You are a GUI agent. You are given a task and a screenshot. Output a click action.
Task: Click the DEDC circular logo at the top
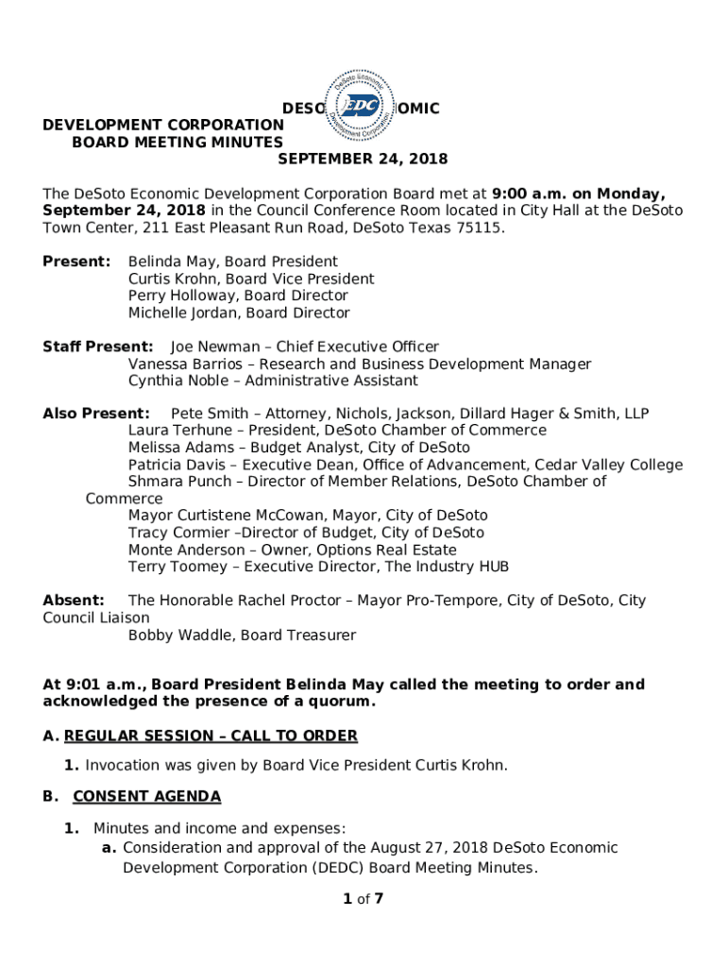click(x=363, y=108)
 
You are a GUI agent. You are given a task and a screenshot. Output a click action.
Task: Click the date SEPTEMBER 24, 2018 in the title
click(x=362, y=159)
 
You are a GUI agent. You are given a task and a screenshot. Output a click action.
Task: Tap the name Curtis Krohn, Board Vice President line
click(x=251, y=279)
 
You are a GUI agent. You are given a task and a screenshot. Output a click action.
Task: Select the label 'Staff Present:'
click(x=98, y=347)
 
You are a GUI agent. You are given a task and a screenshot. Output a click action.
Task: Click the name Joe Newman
click(x=215, y=347)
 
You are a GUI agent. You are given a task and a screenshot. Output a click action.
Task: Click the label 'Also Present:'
click(x=96, y=414)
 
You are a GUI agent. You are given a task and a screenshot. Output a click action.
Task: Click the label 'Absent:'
click(x=74, y=601)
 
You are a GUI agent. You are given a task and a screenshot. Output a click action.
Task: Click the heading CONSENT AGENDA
click(x=146, y=797)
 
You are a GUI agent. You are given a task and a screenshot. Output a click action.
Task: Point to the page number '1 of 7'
click(x=363, y=899)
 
